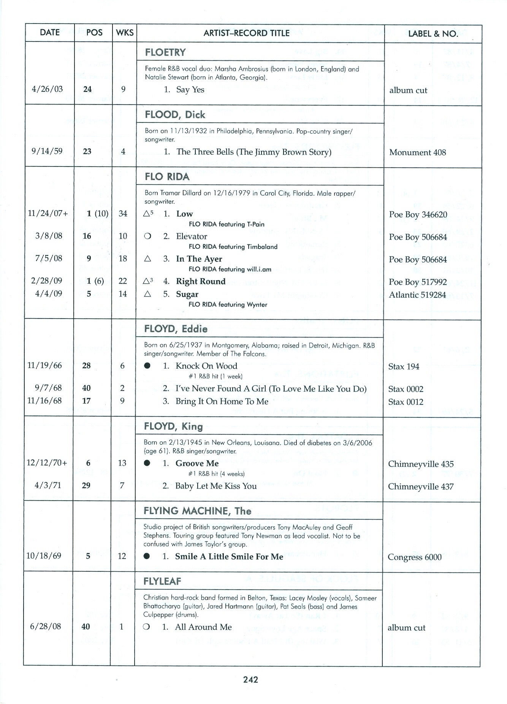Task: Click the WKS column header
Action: [125, 33]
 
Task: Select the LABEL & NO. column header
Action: [433, 33]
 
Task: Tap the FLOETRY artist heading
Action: [165, 52]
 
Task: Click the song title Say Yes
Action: [190, 90]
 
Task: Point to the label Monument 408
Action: [417, 152]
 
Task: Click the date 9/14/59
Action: [47, 151]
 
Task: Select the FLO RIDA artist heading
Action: [167, 177]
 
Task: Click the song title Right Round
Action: [201, 281]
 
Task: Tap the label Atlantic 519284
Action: [417, 295]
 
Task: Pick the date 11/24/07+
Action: [48, 214]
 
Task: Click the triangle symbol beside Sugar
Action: [148, 294]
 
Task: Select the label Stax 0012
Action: [406, 402]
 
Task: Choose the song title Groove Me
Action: [197, 463]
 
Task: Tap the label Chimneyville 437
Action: [420, 487]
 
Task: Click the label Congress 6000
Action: [414, 557]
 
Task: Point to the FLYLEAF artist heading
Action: [162, 581]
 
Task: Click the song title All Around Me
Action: [203, 627]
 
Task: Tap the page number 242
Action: [251, 680]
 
